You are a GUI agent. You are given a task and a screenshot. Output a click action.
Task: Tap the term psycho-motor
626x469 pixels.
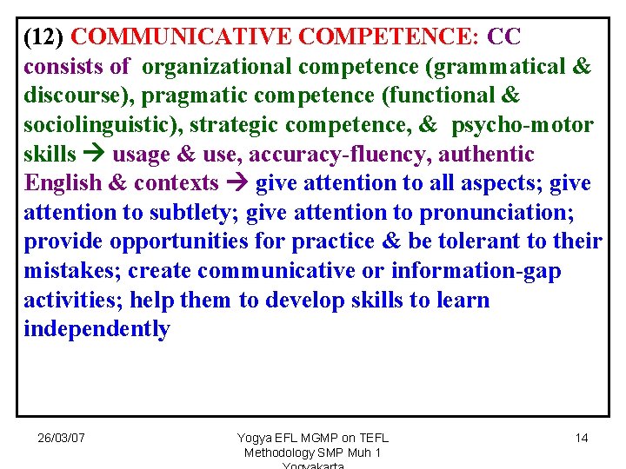[522, 125]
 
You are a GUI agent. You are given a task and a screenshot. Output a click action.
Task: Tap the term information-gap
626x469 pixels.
[476, 271]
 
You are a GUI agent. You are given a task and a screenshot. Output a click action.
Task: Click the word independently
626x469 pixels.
[97, 329]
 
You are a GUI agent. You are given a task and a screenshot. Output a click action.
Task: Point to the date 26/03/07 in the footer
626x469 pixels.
[61, 438]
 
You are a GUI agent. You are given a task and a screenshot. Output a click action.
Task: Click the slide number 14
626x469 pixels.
[582, 438]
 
